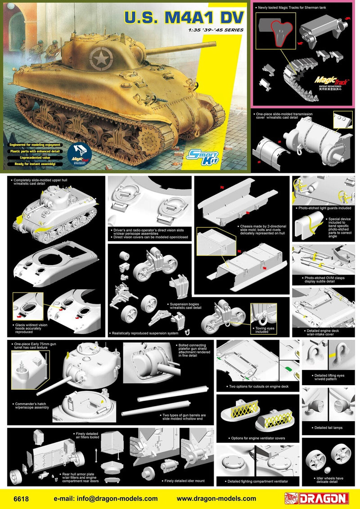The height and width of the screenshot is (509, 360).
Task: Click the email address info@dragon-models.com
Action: point(106,498)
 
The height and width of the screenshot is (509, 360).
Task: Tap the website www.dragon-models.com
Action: point(216,498)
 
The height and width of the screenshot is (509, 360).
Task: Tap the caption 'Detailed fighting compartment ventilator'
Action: point(258,481)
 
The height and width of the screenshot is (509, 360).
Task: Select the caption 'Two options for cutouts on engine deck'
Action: point(258,386)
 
